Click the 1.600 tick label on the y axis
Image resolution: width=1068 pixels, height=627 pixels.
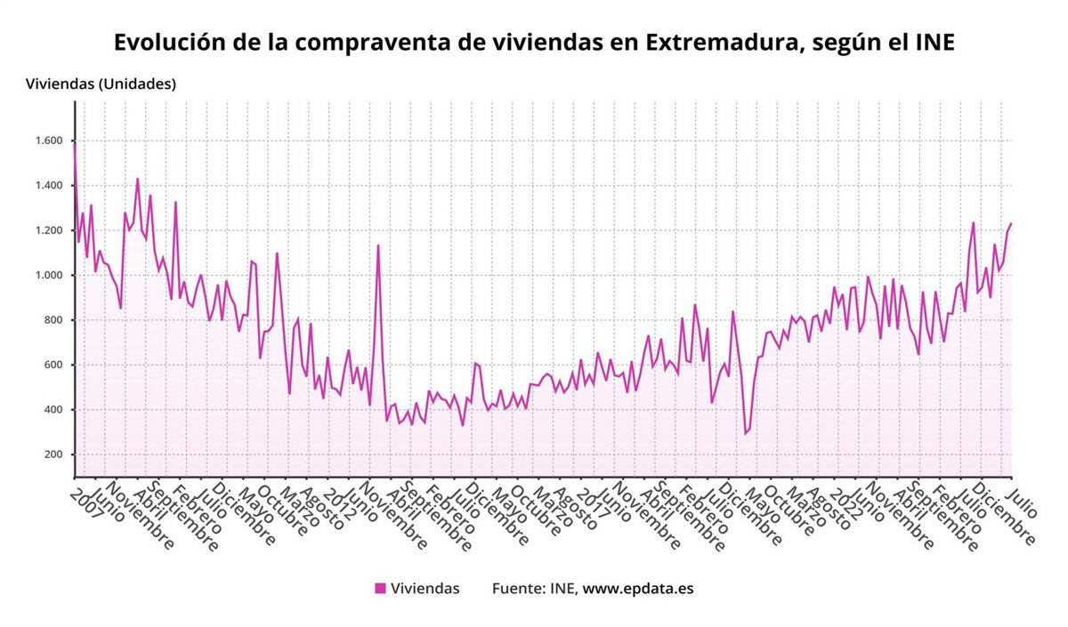click(50, 141)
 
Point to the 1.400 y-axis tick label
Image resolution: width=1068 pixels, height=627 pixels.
click(50, 186)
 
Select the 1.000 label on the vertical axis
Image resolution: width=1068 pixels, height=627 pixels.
click(50, 276)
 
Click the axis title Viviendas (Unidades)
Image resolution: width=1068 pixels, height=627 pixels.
click(101, 84)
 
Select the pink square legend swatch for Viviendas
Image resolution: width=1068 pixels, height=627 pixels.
click(380, 588)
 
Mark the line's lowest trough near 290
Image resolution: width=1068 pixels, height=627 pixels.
click(746, 434)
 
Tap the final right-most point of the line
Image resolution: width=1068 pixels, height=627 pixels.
click(1011, 223)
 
